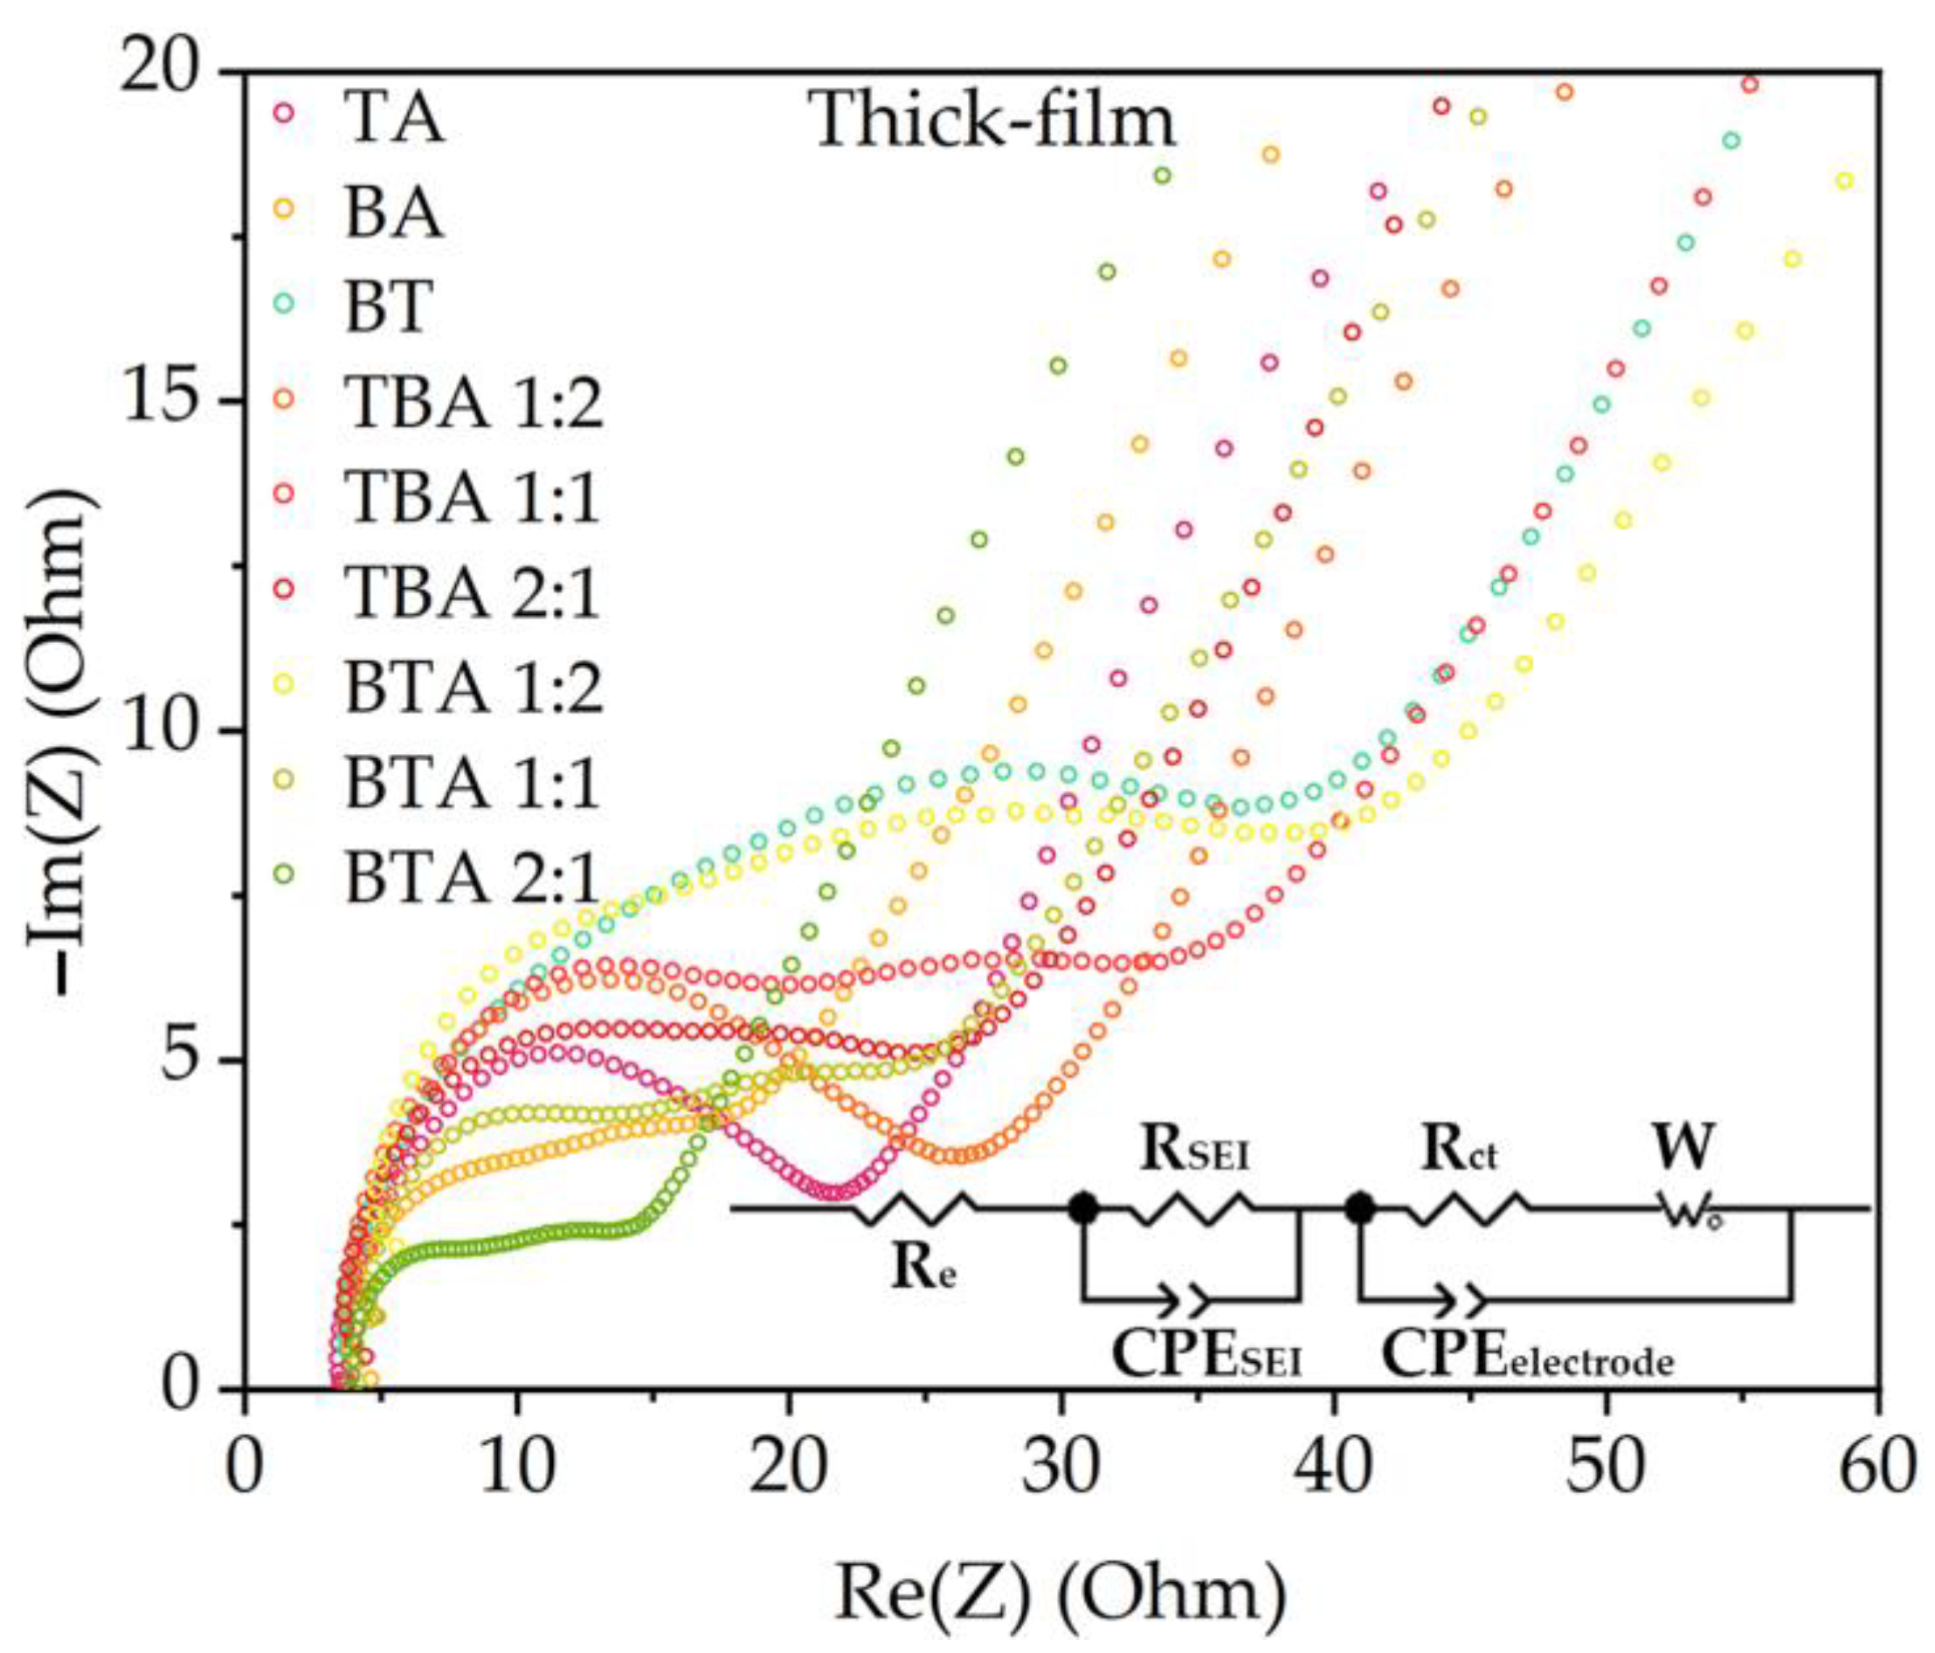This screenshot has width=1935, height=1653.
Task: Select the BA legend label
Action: tap(392, 213)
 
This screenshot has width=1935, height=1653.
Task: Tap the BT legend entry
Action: tap(389, 307)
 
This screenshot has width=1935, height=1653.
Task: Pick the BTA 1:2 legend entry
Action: tap(473, 688)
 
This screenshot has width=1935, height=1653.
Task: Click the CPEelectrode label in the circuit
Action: tap(1526, 1356)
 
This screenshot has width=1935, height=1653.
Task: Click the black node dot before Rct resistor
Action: tap(1359, 1208)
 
